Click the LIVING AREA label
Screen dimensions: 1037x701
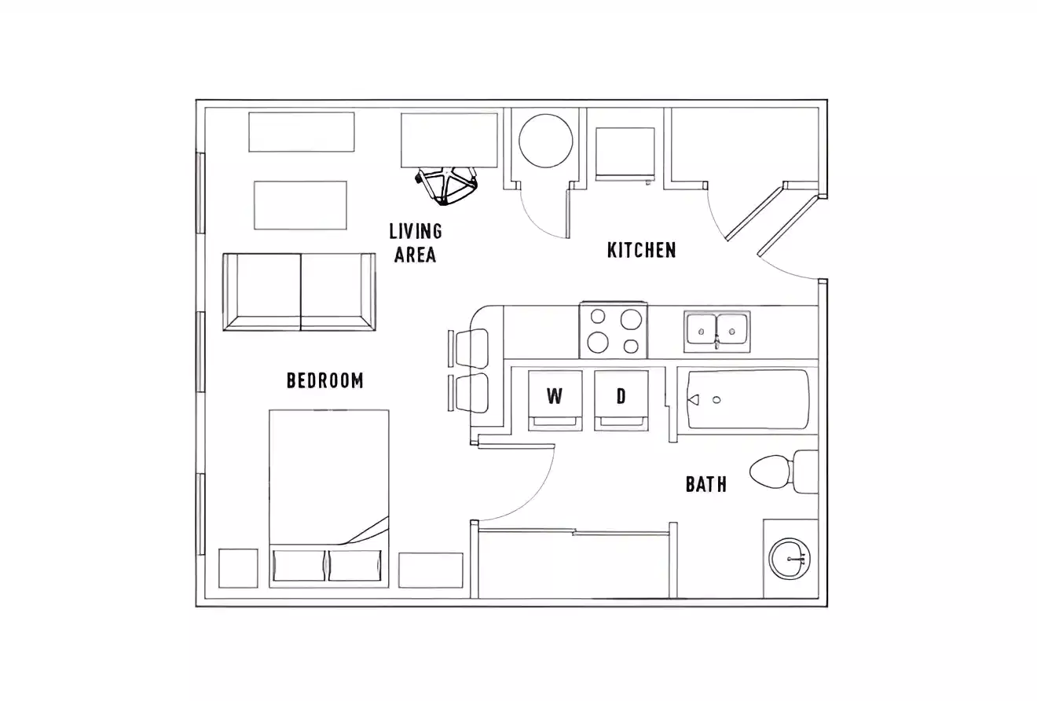416,243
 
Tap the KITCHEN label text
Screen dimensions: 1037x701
642,250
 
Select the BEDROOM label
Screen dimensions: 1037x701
325,380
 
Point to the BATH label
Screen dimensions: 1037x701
706,484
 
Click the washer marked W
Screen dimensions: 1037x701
555,401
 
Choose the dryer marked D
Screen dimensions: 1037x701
621,401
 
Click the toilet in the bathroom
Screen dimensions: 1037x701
784,472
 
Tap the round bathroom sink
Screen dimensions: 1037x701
790,559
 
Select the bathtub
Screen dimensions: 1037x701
748,399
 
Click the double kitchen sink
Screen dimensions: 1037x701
717,332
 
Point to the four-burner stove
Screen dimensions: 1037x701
614,330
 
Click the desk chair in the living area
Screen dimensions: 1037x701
446,186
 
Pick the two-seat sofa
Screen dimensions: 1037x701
299,292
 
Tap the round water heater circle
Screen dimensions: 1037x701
546,141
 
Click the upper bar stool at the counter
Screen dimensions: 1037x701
468,349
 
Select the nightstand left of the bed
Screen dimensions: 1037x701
238,568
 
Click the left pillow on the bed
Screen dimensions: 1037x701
299,565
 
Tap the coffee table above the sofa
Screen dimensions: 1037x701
300,205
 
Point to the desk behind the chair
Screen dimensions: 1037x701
449,141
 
